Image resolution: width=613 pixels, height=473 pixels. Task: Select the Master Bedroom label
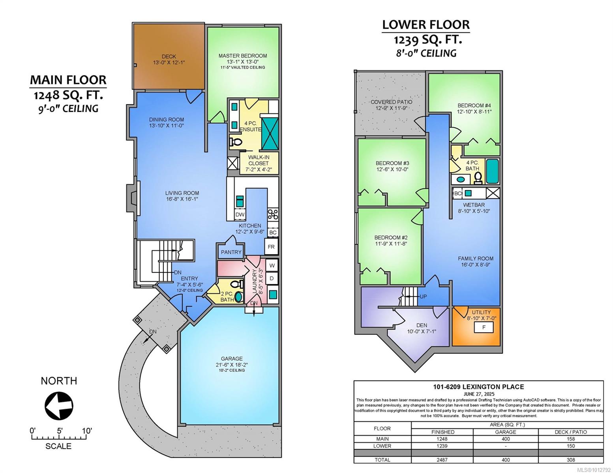[x=243, y=56]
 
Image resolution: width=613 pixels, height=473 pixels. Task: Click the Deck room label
[x=169, y=57]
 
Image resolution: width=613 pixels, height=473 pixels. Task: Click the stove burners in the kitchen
[x=273, y=214]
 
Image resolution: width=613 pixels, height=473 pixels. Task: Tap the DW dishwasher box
[x=240, y=215]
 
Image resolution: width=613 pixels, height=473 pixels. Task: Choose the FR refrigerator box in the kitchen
[x=271, y=247]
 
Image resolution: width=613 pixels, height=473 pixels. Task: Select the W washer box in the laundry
[x=272, y=265]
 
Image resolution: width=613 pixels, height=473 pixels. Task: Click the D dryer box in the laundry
[x=272, y=279]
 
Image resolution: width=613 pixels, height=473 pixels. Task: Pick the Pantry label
[x=231, y=252]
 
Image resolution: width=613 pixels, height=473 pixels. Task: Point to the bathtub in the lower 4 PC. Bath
[x=493, y=171]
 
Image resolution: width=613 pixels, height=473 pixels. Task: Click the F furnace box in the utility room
[x=484, y=327]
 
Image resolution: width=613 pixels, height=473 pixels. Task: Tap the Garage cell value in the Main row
[x=506, y=439]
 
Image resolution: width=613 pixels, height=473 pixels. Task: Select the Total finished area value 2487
[x=442, y=460]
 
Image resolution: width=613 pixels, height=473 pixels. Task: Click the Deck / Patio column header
[x=571, y=432]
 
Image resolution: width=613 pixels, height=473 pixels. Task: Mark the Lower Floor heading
[x=426, y=25]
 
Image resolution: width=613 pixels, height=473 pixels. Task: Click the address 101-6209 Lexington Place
[x=479, y=387]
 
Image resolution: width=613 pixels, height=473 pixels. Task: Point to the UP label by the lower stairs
[x=423, y=297]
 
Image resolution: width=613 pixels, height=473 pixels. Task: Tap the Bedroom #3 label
[x=392, y=163]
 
